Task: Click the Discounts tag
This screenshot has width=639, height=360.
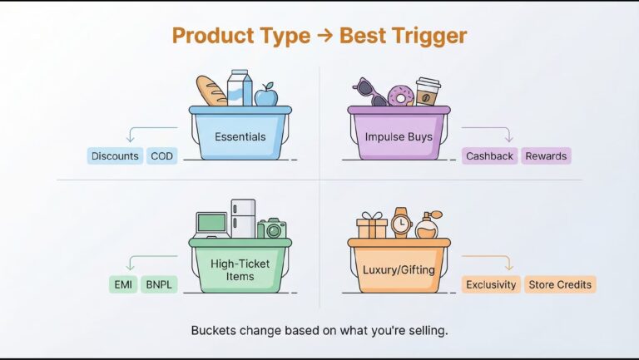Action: pyautogui.click(x=115, y=156)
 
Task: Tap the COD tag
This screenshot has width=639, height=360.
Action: pyautogui.click(x=161, y=156)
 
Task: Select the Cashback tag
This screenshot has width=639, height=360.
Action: pyautogui.click(x=489, y=156)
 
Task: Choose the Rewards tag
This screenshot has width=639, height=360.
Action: pyautogui.click(x=546, y=156)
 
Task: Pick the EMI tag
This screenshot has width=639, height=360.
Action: pyautogui.click(x=123, y=284)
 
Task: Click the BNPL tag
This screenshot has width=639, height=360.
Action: pyautogui.click(x=159, y=284)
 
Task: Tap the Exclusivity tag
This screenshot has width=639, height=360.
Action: pyautogui.click(x=491, y=284)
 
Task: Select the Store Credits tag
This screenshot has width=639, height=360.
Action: pyautogui.click(x=560, y=284)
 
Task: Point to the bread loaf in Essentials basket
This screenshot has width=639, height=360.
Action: pyautogui.click(x=211, y=91)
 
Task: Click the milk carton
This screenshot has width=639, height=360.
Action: pyautogui.click(x=240, y=88)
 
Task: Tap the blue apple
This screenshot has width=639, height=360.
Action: pyautogui.click(x=266, y=96)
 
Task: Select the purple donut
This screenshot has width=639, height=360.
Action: pyautogui.click(x=400, y=96)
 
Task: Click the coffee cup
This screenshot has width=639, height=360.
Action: pyautogui.click(x=428, y=92)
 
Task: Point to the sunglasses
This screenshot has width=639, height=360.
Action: pyautogui.click(x=370, y=92)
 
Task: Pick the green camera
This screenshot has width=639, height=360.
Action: pyautogui.click(x=272, y=229)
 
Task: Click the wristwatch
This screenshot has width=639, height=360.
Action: pyautogui.click(x=401, y=223)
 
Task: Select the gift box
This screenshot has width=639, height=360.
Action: pyautogui.click(x=372, y=225)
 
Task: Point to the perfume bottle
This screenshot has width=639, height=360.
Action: pyautogui.click(x=428, y=225)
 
